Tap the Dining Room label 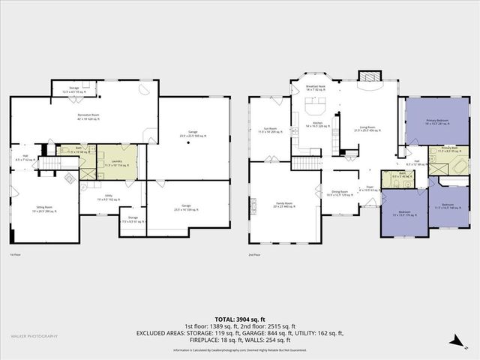tap(339, 193)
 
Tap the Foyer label tap(369, 189)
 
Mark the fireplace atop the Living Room tap(367, 76)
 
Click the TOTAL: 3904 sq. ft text tap(239, 318)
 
